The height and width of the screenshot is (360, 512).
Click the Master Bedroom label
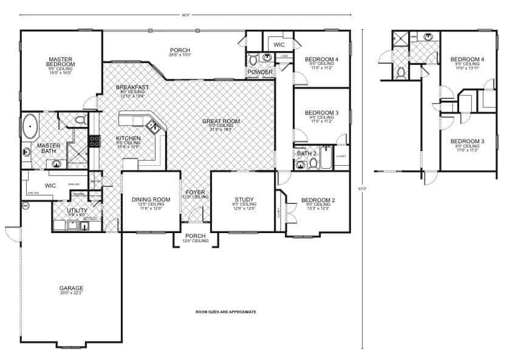coord(61,62)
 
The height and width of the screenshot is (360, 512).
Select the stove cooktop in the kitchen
coord(94,141)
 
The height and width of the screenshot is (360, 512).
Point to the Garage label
coord(71,288)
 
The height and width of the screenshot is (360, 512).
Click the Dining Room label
coord(151,199)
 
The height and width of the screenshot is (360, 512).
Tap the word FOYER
coord(196,192)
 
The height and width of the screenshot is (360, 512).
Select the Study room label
coord(244,199)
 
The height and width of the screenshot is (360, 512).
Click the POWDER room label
coord(259,72)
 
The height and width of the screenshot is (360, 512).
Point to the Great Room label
coord(221,121)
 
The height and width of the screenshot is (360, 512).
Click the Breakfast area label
coord(132,87)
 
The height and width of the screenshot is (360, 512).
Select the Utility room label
coord(77,210)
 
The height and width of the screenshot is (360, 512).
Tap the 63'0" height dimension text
coord(363,188)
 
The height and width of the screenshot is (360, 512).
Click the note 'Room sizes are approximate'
coord(225,311)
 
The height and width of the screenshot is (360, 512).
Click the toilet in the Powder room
coord(253,59)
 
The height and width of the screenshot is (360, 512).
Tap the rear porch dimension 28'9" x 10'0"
coord(180,55)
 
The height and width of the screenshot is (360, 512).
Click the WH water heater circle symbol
coord(26,206)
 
